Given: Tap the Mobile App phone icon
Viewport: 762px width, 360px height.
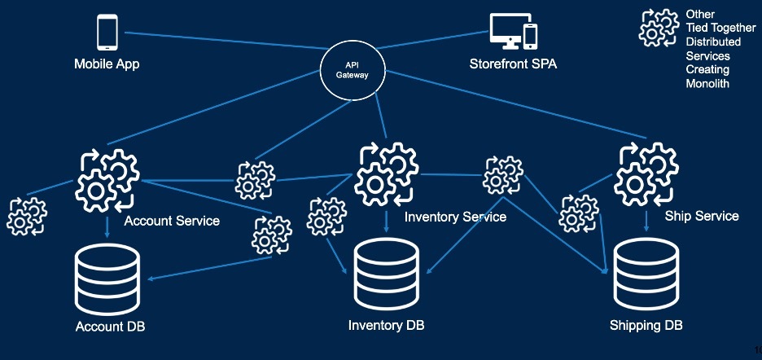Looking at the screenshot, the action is [x=107, y=32].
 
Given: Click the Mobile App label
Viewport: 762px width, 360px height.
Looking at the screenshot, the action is [x=107, y=64].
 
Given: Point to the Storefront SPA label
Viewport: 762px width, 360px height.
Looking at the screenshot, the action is [x=513, y=64].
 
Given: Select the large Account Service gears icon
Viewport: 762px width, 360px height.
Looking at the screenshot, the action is [x=107, y=181].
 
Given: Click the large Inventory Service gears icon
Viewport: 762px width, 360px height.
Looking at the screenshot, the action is [x=387, y=173].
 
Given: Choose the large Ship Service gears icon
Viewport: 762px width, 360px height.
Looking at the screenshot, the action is [x=646, y=173].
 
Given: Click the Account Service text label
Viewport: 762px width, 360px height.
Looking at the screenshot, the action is [x=172, y=221].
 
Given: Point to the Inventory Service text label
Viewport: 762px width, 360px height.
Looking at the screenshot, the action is [x=455, y=217].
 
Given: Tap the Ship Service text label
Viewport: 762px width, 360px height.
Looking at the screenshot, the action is [x=702, y=216].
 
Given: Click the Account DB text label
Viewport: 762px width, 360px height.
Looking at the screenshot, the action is [x=111, y=327].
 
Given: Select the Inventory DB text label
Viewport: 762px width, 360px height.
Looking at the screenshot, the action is [x=387, y=325].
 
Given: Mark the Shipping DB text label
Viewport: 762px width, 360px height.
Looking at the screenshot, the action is [x=646, y=325].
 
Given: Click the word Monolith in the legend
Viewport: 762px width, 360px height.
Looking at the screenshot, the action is [x=707, y=83].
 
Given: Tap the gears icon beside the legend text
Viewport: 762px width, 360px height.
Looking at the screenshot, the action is [x=659, y=28].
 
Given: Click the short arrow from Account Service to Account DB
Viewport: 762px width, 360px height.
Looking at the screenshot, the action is [x=107, y=228].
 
